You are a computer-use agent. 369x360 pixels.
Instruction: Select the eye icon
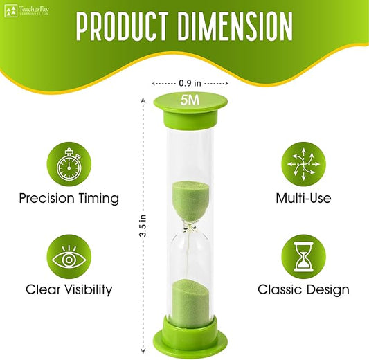pyautogui.click(x=69, y=258)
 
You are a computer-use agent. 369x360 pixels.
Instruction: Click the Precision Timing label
pyautogui.click(x=69, y=199)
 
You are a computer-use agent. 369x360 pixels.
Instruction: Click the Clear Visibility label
pyautogui.click(x=69, y=290)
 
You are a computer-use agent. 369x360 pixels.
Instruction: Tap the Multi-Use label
pyautogui.click(x=304, y=199)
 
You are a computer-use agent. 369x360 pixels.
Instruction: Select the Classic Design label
pyautogui.click(x=304, y=290)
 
